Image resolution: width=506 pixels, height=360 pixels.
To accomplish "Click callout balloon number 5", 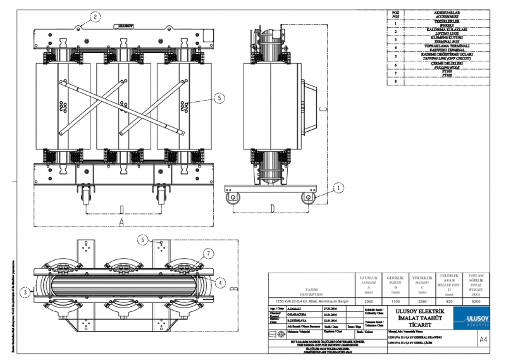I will (x=218, y=98).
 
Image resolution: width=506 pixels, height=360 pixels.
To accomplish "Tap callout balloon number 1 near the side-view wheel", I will (x=339, y=187).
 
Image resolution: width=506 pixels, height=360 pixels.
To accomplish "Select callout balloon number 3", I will (x=24, y=292).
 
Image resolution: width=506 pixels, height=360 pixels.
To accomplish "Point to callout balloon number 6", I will (x=143, y=240).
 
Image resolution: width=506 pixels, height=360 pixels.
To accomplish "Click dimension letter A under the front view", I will (x=120, y=222).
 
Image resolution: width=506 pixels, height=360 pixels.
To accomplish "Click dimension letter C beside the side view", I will (x=322, y=109).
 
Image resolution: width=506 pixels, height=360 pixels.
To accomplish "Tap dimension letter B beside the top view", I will (x=233, y=288).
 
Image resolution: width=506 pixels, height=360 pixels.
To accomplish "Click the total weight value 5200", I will (x=476, y=302).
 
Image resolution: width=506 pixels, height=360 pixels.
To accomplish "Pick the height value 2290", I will (x=422, y=302).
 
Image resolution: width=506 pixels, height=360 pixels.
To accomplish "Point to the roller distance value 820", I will (x=449, y=302).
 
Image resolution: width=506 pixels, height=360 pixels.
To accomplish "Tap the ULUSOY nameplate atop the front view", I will (x=127, y=27).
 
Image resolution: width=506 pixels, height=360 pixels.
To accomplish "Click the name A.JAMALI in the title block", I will (x=299, y=308).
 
